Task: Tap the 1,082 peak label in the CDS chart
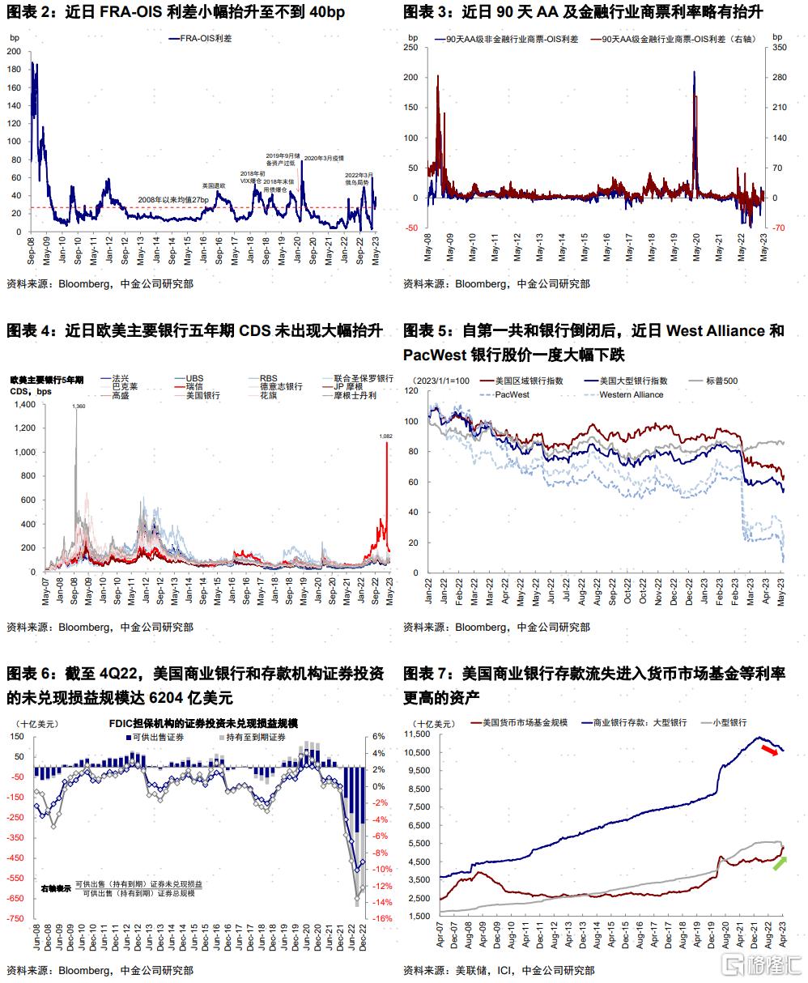tap(385, 436)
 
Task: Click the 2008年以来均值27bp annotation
tap(173, 199)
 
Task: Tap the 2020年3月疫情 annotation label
tap(324, 159)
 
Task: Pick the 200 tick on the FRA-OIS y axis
tap(15, 51)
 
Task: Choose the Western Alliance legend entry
tap(631, 395)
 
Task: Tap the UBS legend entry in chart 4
tap(194, 378)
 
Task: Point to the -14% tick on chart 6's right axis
tap(382, 902)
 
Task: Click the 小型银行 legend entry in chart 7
tap(729, 722)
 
